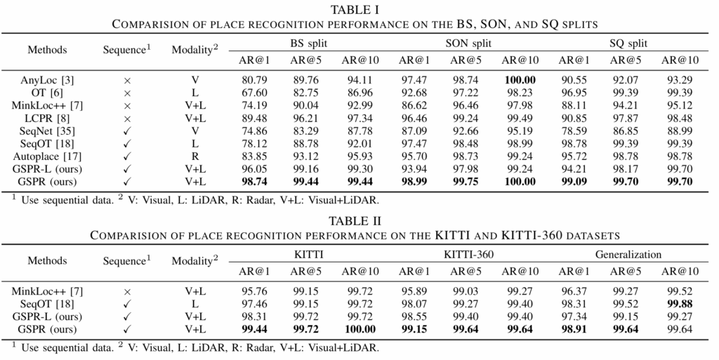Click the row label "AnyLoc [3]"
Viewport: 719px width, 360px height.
click(48, 81)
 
